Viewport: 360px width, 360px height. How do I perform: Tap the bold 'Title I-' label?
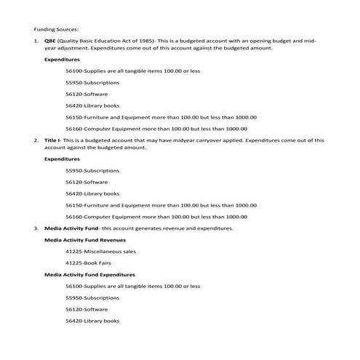point(53,139)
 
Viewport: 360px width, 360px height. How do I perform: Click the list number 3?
point(36,228)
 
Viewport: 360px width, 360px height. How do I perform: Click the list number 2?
point(36,139)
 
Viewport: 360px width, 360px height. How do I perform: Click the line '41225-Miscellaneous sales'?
point(100,251)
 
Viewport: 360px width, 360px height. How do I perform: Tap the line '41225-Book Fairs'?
point(89,263)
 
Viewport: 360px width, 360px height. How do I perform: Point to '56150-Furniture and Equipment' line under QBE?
point(161,116)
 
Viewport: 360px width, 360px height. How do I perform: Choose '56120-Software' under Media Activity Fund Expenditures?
point(86,309)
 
